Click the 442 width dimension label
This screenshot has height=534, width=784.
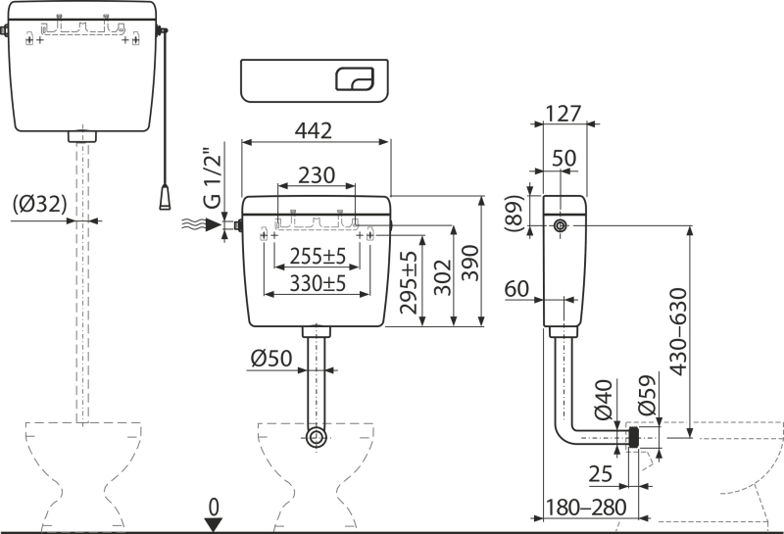click(x=313, y=130)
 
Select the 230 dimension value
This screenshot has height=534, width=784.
click(x=317, y=175)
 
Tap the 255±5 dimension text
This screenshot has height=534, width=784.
click(x=318, y=257)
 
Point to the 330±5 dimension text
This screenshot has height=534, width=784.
click(x=318, y=283)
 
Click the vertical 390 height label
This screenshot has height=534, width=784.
click(x=470, y=263)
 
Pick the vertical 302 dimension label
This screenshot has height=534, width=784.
click(x=443, y=277)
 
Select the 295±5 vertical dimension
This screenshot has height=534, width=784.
click(x=409, y=282)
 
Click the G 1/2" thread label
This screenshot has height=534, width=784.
click(x=212, y=177)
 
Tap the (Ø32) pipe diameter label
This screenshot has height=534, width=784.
click(x=39, y=204)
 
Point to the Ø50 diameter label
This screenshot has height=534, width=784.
click(x=271, y=358)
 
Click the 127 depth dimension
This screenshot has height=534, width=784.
click(x=563, y=114)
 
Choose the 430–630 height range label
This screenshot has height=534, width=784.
click(x=678, y=331)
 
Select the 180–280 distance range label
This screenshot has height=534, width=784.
click(x=585, y=508)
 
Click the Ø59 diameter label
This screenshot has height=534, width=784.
click(x=647, y=395)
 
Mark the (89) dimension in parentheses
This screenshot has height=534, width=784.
click(x=514, y=214)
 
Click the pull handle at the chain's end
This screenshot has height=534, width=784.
click(x=165, y=197)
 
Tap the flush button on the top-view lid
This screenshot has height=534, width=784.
click(x=355, y=79)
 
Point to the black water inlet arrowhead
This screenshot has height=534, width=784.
click(x=214, y=225)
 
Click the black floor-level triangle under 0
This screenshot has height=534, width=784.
click(x=214, y=525)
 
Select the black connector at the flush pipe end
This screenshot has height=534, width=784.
click(x=634, y=438)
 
